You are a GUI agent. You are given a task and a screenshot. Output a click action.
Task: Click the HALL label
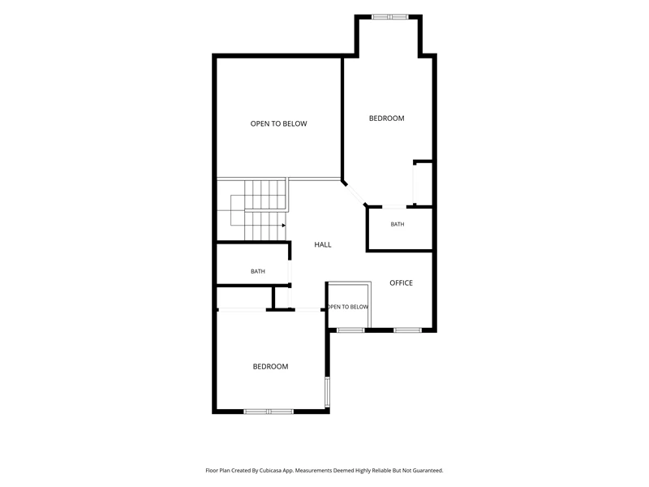point(322,245)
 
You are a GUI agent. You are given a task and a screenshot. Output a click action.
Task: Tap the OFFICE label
point(401,282)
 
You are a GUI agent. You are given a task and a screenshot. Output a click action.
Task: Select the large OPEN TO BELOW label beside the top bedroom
point(278,123)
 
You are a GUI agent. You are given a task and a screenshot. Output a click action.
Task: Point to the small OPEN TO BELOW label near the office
point(348,307)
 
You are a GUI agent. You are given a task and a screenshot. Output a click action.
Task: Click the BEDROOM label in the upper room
point(387,119)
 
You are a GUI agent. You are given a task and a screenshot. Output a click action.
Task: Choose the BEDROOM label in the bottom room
point(270,367)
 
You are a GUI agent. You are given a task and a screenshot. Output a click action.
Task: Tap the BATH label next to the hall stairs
point(258,272)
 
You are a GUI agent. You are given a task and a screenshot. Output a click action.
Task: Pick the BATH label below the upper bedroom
point(398,225)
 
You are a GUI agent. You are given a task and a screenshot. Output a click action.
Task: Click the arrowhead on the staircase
point(283,226)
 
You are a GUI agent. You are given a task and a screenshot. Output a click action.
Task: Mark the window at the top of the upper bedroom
point(390,17)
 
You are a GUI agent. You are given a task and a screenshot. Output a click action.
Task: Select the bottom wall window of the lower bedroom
point(269,412)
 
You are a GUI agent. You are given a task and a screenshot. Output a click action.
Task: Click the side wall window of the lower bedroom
point(327,391)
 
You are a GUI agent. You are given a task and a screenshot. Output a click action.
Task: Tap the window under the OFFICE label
point(407,330)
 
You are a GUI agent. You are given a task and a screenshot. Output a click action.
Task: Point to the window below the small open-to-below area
point(350,330)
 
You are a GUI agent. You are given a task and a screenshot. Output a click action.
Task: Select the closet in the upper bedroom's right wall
point(423,183)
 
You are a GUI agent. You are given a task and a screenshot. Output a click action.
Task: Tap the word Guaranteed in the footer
point(428,471)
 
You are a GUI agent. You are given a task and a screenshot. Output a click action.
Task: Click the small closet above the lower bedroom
point(245,297)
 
